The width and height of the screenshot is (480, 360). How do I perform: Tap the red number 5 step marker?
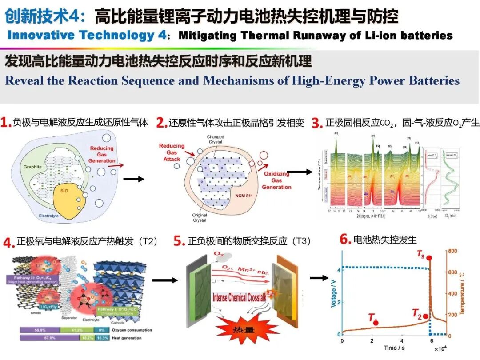(x=179, y=241)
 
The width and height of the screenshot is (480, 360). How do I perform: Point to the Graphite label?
(x=33, y=167)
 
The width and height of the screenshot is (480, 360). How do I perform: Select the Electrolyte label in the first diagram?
(x=49, y=216)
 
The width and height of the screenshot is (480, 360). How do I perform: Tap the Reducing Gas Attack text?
(x=172, y=152)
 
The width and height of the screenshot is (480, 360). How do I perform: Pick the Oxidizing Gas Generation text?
(x=276, y=180)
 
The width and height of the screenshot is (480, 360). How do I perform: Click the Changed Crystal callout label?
(x=216, y=139)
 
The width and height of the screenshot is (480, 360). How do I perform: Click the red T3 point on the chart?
(x=429, y=258)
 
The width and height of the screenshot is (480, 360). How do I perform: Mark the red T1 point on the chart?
(x=376, y=322)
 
